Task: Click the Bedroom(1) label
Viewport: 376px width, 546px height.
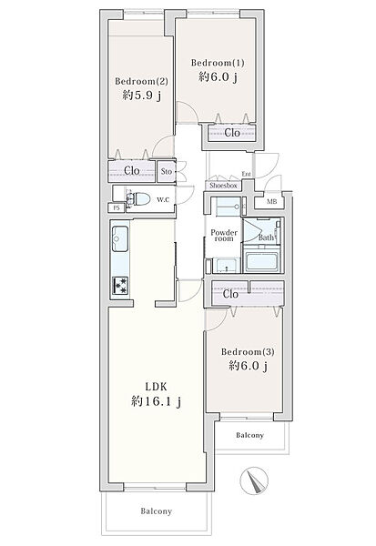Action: (x=218, y=63)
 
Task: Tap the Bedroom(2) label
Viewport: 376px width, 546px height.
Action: (x=141, y=81)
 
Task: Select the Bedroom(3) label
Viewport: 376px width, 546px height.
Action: (x=248, y=351)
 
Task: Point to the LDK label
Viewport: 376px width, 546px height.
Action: (x=156, y=387)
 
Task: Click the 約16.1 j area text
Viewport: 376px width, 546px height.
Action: (x=156, y=402)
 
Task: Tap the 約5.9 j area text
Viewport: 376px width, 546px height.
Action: (x=141, y=95)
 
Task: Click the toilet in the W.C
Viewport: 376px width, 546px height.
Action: (x=138, y=199)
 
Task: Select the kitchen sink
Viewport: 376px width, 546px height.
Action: (x=119, y=238)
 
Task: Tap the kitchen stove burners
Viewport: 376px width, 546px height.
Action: (x=120, y=286)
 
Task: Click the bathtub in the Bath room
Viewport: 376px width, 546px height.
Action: (x=261, y=259)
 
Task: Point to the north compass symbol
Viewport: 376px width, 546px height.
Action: (x=255, y=480)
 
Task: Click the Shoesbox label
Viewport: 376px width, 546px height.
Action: (x=223, y=186)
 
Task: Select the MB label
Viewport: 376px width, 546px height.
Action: (x=272, y=202)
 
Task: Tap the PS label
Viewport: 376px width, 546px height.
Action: (x=117, y=208)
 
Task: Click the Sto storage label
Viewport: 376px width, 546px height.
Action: (x=167, y=171)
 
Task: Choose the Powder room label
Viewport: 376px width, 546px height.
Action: (x=224, y=236)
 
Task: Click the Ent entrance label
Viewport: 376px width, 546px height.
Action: (x=247, y=174)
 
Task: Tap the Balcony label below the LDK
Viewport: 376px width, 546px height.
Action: (x=156, y=511)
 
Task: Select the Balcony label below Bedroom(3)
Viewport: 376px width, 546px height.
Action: (x=249, y=435)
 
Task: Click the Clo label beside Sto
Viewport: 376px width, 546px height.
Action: (x=132, y=171)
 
